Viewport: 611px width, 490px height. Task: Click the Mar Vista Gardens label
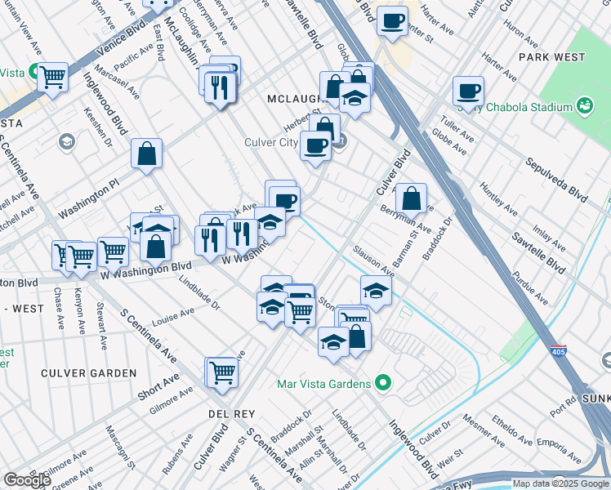pos(323,382)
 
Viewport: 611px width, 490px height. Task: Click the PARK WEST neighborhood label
pos(551,57)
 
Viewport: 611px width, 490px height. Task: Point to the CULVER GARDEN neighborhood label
pos(89,373)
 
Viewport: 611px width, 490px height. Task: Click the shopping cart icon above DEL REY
pos(221,372)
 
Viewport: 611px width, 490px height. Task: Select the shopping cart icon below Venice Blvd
pos(53,77)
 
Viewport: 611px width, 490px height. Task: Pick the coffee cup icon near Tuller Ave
pos(468,91)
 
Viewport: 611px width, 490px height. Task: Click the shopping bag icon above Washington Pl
pos(147,154)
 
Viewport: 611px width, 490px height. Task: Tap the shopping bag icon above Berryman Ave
pos(412,198)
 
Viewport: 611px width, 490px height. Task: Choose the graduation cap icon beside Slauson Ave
pos(376,290)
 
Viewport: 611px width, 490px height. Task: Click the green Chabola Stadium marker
pos(584,105)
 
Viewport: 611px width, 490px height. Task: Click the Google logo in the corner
pos(27,480)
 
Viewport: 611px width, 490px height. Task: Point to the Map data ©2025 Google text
pos(560,483)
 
